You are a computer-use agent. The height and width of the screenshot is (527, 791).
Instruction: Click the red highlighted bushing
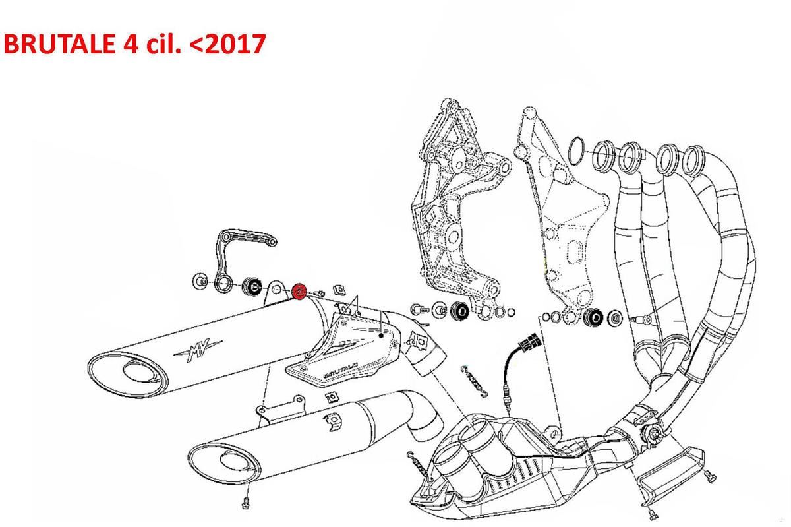299,292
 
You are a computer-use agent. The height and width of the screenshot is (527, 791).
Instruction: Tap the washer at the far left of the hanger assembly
200,282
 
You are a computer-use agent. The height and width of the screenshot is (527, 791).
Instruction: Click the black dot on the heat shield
381,336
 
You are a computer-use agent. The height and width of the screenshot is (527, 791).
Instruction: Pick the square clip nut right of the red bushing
339,290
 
